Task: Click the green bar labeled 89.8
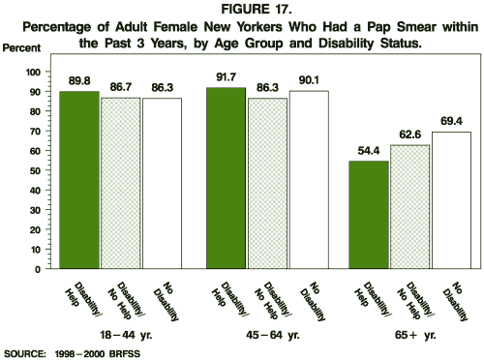pos(79,180)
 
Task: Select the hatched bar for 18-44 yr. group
pos(121,183)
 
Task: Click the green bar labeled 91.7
pos(228,178)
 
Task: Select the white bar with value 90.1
pos(310,180)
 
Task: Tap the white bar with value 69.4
pos(450,200)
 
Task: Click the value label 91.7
pos(228,76)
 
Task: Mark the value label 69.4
pos(450,121)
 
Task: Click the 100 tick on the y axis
pos(33,73)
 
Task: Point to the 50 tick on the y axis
pos(36,171)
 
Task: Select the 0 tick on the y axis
pos(39,269)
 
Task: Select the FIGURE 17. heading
pos(242,9)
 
